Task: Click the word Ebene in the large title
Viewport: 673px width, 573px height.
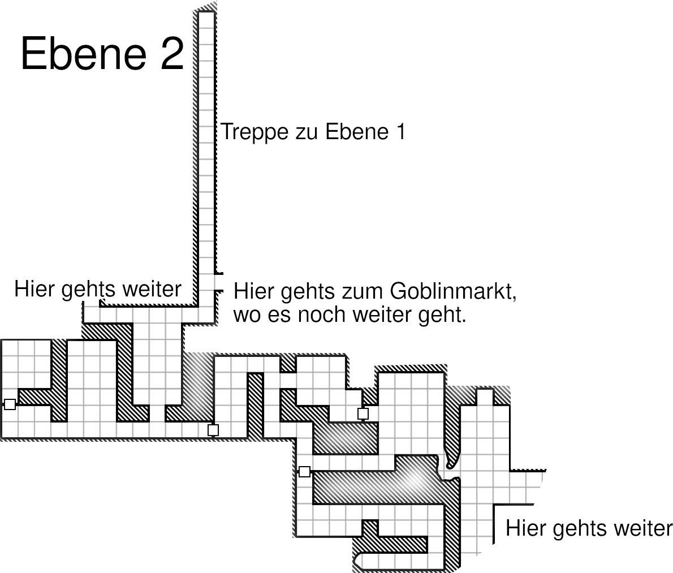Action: click(84, 53)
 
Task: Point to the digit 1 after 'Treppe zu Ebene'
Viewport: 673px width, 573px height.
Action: click(402, 131)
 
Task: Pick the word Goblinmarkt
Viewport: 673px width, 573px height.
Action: click(453, 291)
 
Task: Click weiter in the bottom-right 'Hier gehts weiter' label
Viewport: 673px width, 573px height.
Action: click(643, 528)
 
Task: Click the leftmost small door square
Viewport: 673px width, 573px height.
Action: click(10, 404)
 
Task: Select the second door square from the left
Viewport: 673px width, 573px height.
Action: click(213, 430)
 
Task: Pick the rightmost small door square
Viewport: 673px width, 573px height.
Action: click(363, 413)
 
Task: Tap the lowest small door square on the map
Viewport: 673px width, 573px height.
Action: click(304, 472)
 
